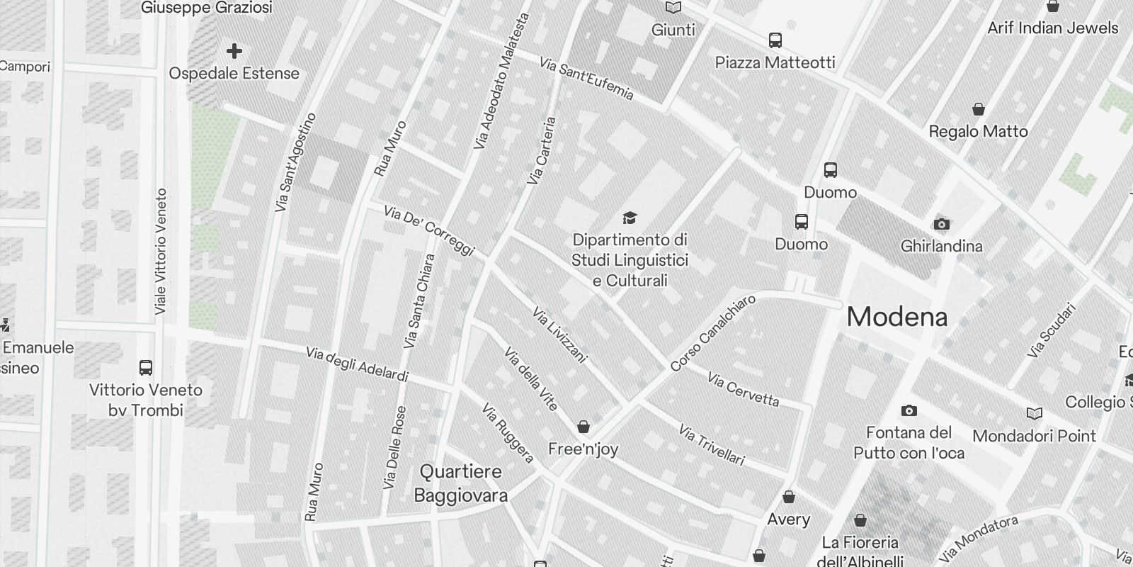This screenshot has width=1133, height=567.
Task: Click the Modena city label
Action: (x=896, y=317)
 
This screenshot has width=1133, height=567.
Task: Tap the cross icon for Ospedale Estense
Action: (x=234, y=51)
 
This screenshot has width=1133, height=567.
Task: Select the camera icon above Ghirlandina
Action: (x=941, y=225)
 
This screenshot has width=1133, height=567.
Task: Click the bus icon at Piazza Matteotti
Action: (x=775, y=40)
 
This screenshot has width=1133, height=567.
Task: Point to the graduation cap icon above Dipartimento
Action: (x=630, y=218)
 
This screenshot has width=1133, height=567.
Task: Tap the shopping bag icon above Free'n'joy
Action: (x=583, y=427)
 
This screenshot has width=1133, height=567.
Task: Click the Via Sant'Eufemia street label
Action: (x=586, y=79)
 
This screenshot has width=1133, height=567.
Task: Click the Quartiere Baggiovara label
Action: (x=460, y=483)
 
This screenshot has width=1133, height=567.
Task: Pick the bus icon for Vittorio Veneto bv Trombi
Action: (x=146, y=368)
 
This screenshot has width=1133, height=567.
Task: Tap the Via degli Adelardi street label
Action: (x=357, y=364)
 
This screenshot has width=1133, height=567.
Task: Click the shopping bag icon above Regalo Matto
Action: (x=978, y=109)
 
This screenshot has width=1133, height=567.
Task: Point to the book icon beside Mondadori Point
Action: (x=1034, y=413)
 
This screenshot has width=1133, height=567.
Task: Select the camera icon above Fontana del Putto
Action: (x=909, y=410)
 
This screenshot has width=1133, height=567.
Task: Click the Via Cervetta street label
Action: (x=743, y=390)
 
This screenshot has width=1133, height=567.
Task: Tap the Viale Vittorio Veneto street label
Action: (x=161, y=252)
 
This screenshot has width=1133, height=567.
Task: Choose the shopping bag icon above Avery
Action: (x=789, y=497)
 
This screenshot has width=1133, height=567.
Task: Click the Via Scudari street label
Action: (x=1052, y=330)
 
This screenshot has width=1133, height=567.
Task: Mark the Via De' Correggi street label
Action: (x=428, y=230)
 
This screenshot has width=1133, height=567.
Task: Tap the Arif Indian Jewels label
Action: (x=1052, y=28)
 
